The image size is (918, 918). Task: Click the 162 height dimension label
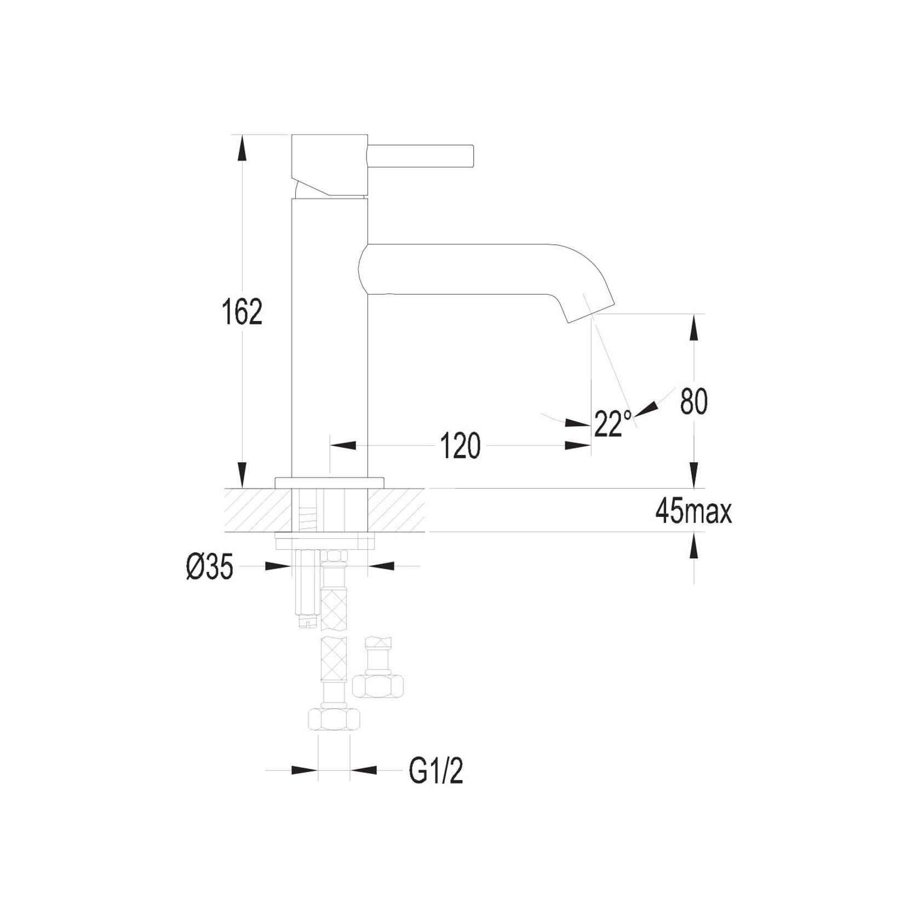coord(242,312)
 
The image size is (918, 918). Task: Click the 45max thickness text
coord(693,513)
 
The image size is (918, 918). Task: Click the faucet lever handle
coord(421,156)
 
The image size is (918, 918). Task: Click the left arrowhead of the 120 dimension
coord(343,445)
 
